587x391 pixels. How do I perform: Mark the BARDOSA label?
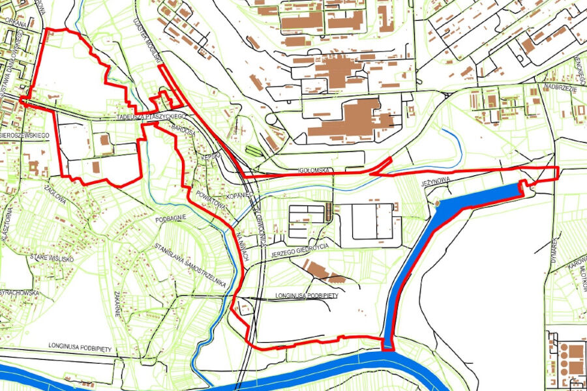(184, 131)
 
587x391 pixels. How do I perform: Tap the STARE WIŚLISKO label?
(52, 259)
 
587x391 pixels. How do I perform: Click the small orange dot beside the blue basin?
(438, 203)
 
